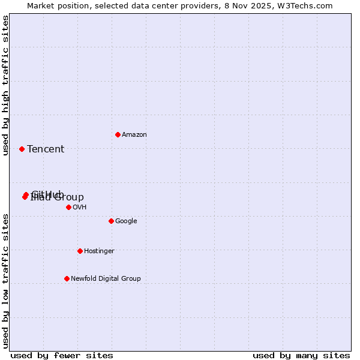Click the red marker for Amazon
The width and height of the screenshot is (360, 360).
click(118, 134)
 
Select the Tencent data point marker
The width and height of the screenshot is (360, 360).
click(22, 149)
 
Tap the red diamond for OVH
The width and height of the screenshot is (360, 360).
click(68, 207)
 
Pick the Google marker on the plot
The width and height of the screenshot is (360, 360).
click(111, 221)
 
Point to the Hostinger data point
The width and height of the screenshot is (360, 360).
click(80, 251)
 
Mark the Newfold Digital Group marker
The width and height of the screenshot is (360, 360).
click(67, 278)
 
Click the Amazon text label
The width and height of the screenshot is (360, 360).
click(134, 134)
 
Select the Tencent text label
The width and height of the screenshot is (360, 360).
click(46, 149)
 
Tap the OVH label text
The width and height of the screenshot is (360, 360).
click(80, 207)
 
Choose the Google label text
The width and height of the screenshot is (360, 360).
click(126, 221)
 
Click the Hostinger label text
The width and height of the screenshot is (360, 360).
click(99, 251)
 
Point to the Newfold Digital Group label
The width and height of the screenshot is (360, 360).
click(106, 278)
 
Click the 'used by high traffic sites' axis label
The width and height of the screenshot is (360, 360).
click(5, 85)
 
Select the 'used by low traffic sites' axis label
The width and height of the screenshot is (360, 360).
click(5, 280)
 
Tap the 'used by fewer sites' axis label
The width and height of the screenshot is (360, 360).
click(62, 355)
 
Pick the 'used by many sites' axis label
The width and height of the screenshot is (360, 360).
click(301, 355)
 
